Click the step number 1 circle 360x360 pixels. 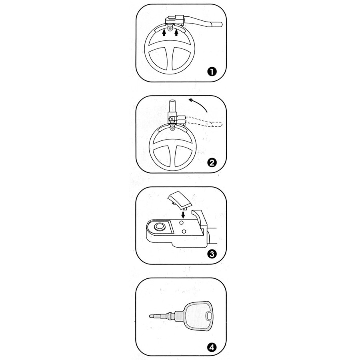tap(212, 72)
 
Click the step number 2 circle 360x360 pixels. tap(212, 163)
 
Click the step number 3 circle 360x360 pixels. tap(212, 254)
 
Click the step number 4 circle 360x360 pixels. tap(212, 347)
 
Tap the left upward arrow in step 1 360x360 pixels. tap(164, 33)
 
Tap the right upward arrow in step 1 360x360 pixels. tap(176, 33)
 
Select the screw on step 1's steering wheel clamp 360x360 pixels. tap(170, 28)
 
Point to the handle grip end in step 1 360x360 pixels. tap(217, 24)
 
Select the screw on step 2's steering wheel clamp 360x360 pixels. tap(172, 128)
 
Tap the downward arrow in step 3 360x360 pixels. tap(183, 215)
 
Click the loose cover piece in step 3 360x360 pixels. tap(180, 201)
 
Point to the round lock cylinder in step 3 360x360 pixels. tap(159, 227)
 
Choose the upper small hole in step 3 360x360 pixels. tap(182, 222)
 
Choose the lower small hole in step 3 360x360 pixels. tap(184, 232)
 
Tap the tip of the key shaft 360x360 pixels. tap(150, 316)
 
